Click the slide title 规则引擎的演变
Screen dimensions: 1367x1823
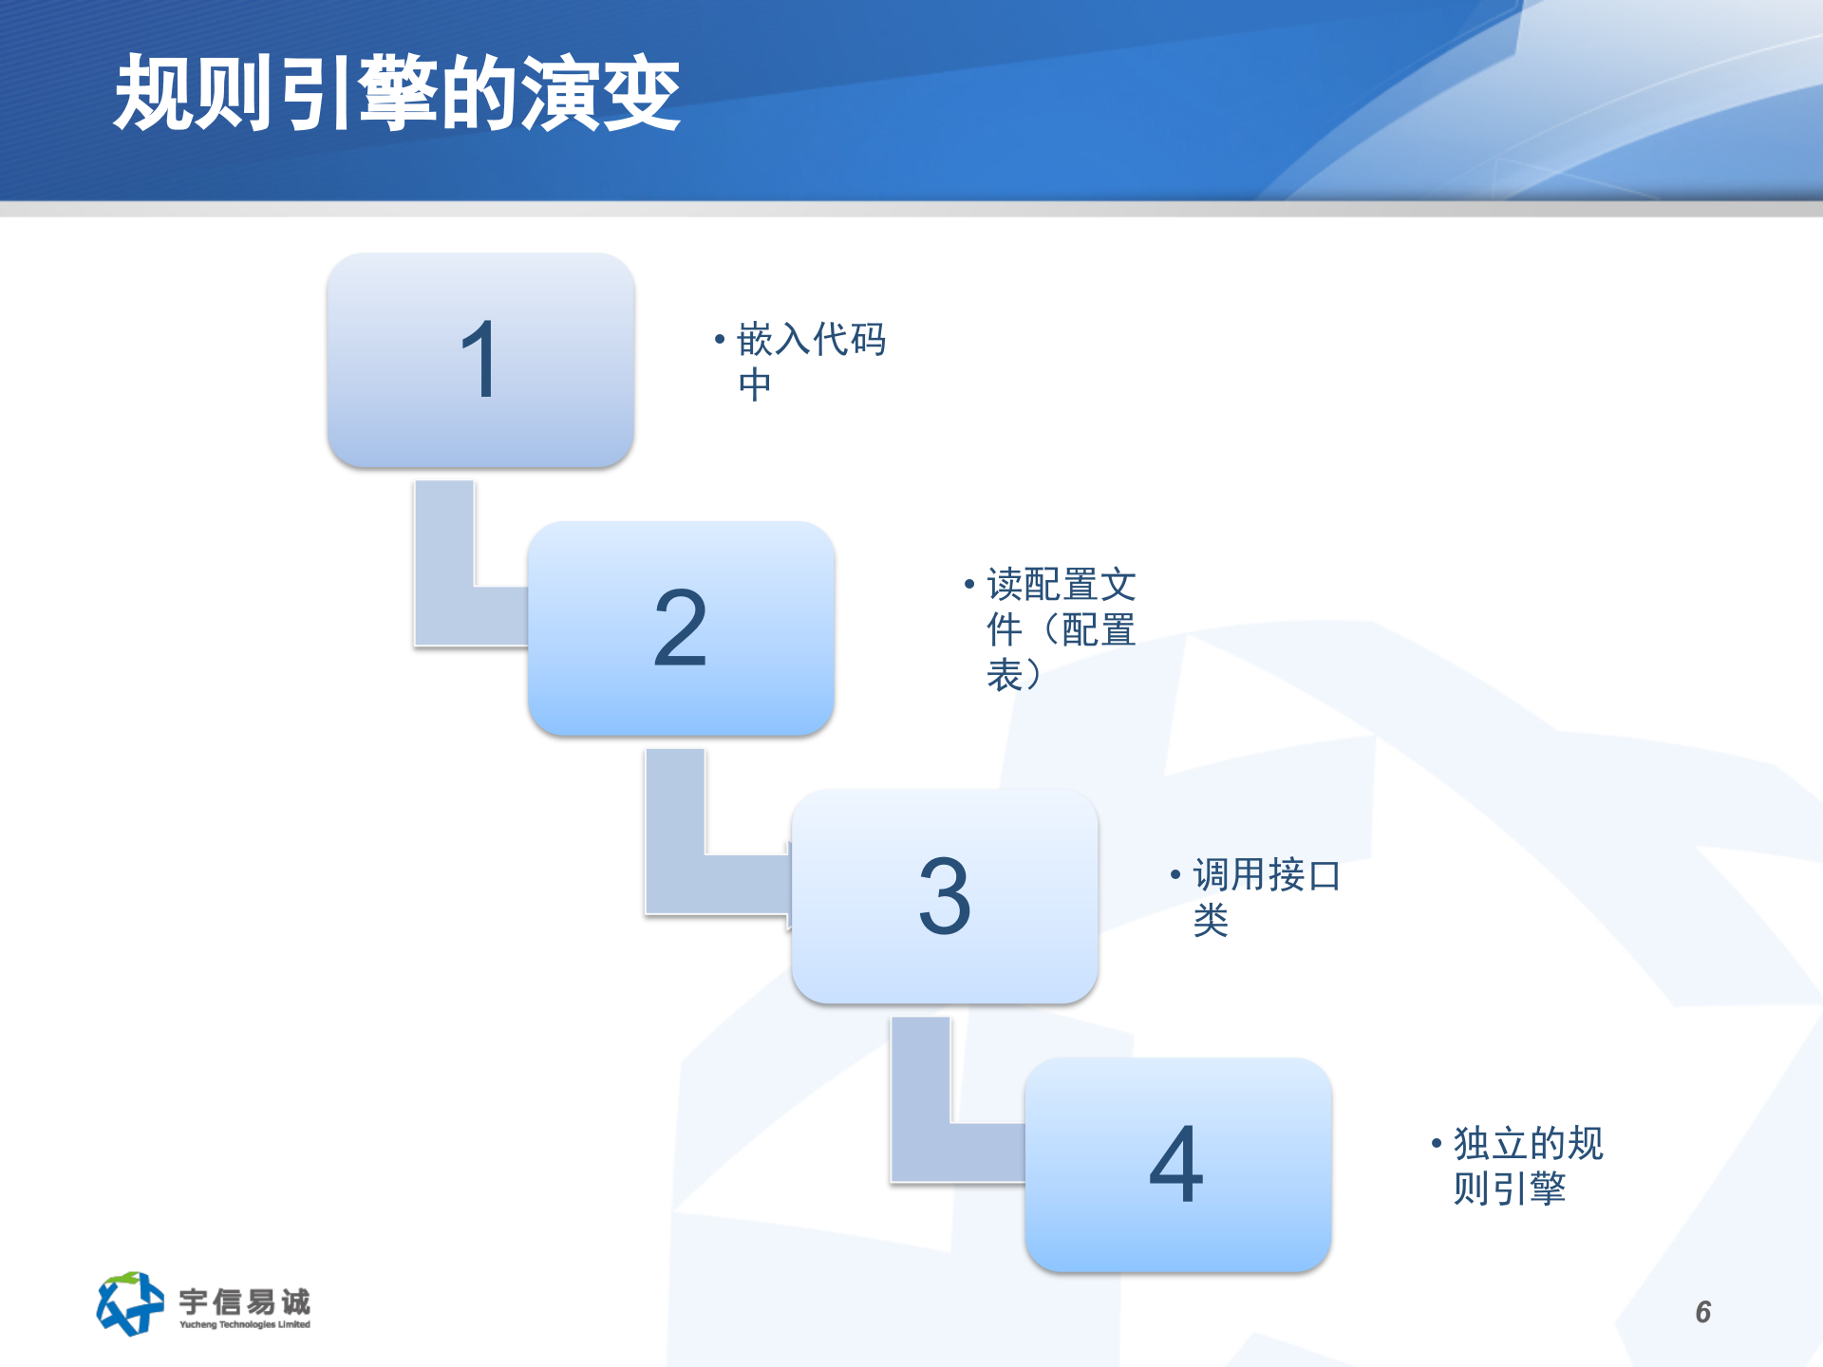coord(397,93)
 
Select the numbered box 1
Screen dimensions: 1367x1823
coord(480,360)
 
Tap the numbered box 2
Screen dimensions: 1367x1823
coord(681,627)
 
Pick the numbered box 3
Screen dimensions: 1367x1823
coord(945,896)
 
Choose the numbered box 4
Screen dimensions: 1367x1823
coord(1177,1165)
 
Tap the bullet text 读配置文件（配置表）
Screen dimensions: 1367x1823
coord(1061,629)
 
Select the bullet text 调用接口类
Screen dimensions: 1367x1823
coord(1266,896)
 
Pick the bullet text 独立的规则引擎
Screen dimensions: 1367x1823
coord(1528,1165)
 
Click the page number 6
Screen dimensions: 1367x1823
coord(1703,1312)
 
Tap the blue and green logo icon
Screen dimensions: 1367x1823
coord(129,1303)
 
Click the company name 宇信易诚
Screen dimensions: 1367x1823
coord(245,1300)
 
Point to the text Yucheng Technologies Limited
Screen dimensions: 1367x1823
coord(245,1324)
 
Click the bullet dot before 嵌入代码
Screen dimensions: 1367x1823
coord(720,338)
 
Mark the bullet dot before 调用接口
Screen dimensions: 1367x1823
coord(1175,873)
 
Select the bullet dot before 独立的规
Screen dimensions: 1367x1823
coord(1437,1143)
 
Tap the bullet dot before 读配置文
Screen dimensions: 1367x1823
coord(969,583)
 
